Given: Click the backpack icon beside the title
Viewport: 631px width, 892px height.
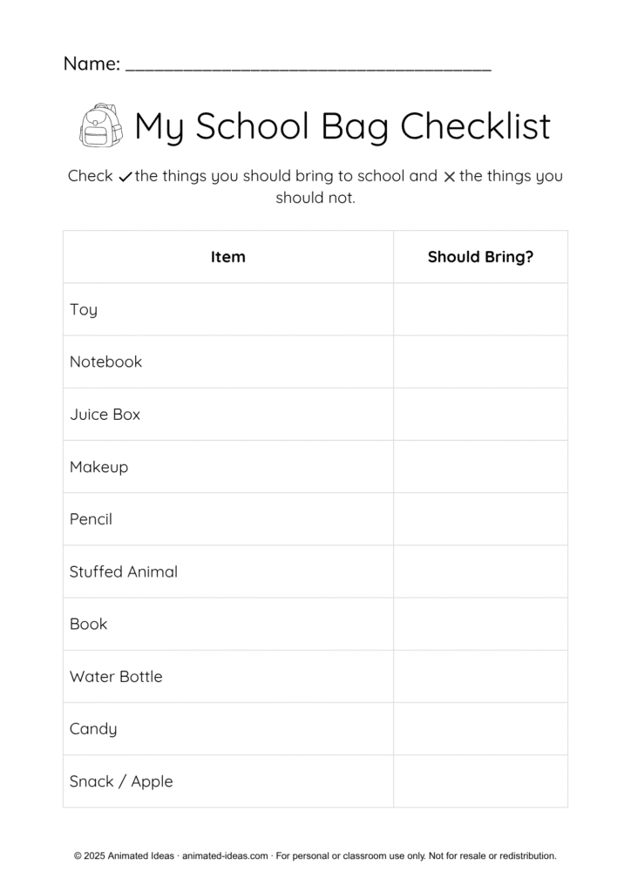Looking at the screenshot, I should pyautogui.click(x=98, y=126).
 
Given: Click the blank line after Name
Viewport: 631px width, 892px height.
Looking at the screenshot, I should pyautogui.click(x=309, y=66).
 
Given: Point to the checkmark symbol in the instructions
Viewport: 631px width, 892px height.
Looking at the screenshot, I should pyautogui.click(x=125, y=177).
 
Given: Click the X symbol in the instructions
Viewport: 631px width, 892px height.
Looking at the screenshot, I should pyautogui.click(x=449, y=177).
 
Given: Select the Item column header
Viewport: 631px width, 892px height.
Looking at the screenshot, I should pyautogui.click(x=228, y=257).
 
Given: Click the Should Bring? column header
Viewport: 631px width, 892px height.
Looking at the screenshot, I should pyautogui.click(x=480, y=257).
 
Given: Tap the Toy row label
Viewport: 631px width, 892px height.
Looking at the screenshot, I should pyautogui.click(x=84, y=310).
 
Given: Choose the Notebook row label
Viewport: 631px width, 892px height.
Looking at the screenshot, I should pyautogui.click(x=105, y=362).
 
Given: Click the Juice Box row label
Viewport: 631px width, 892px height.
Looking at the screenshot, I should pyautogui.click(x=105, y=415).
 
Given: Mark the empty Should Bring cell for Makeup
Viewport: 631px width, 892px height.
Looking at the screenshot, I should pyautogui.click(x=480, y=467).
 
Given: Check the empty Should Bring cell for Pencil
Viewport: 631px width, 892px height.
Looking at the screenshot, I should pyautogui.click(x=480, y=519).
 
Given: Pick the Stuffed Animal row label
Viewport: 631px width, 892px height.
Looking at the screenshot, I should pyautogui.click(x=124, y=571).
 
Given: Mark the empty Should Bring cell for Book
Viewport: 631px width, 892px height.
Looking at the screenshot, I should pyautogui.click(x=480, y=624).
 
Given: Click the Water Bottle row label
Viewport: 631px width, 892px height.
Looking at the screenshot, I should pyautogui.click(x=116, y=677).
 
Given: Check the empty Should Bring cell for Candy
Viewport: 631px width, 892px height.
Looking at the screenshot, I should pyautogui.click(x=480, y=729).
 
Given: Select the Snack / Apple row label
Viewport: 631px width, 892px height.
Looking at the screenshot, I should pyautogui.click(x=121, y=781).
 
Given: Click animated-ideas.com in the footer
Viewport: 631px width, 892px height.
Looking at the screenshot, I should pyautogui.click(x=225, y=856).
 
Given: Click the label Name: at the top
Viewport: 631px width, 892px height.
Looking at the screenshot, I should pyautogui.click(x=92, y=64).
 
